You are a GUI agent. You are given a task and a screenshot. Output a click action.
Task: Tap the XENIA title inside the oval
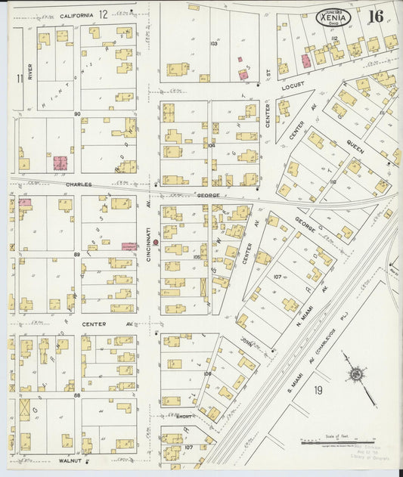point(333,17)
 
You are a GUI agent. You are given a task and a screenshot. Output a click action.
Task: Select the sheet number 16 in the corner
point(376,16)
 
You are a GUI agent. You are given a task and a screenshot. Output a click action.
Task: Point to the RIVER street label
point(30,72)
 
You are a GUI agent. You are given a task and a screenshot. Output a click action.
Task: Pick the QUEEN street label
point(355,144)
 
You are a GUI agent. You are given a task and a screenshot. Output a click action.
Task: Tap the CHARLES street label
point(79,184)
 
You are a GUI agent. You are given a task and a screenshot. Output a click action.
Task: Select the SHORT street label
point(183,417)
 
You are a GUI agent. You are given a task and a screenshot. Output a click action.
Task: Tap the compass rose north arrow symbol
point(355,373)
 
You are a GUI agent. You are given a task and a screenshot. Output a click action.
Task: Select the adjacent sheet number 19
point(318,390)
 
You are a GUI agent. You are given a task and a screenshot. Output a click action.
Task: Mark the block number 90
point(77,114)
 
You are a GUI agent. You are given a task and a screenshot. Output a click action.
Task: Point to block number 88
point(77,395)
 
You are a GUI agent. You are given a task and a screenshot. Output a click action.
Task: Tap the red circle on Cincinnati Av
point(155,243)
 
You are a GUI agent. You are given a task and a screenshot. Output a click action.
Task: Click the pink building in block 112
point(306,60)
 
